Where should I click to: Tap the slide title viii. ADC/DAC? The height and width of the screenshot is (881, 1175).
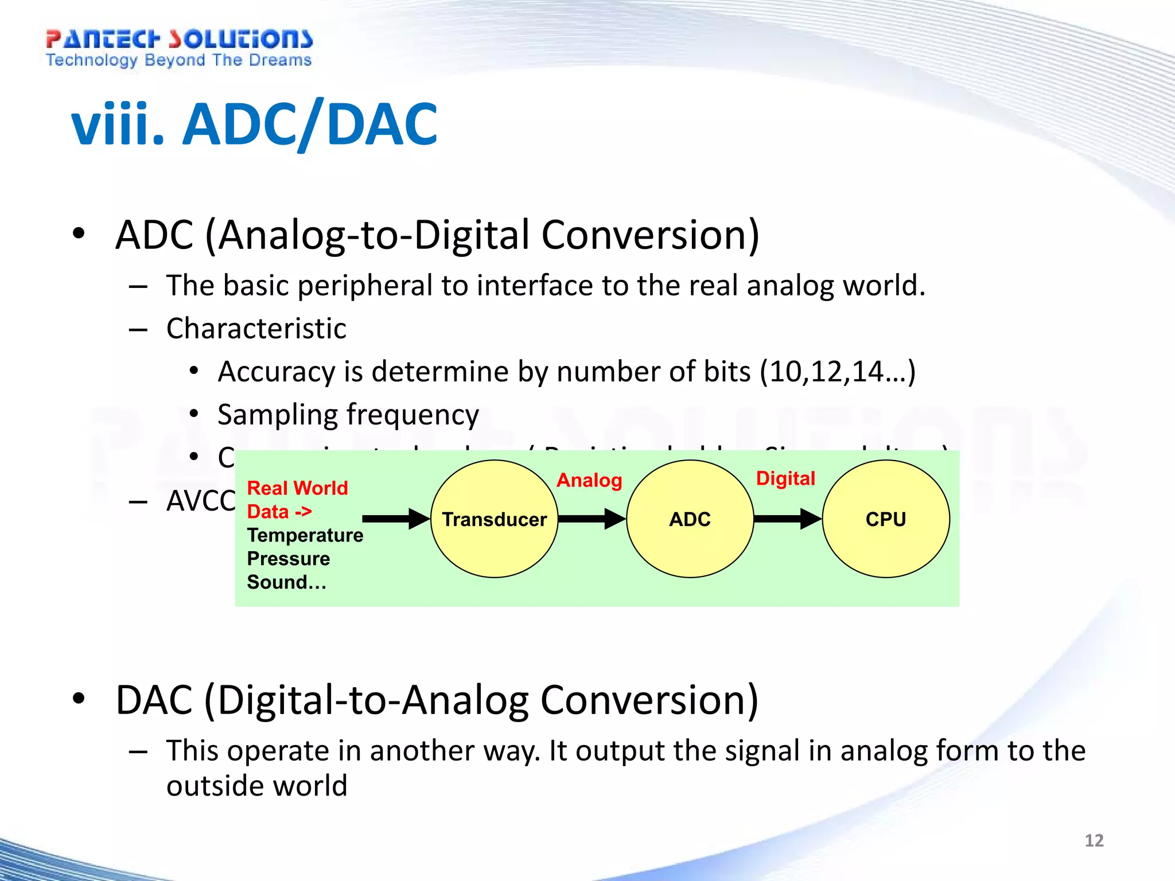254,124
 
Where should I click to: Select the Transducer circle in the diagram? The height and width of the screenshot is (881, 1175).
494,519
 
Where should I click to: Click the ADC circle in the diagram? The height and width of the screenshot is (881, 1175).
690,519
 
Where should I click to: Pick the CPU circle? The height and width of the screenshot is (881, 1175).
885,519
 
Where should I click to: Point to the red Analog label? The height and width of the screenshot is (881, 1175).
589,480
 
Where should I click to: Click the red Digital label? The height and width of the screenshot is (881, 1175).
785,478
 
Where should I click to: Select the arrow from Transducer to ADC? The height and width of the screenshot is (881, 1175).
592,519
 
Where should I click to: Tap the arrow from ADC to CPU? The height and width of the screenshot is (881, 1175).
787,519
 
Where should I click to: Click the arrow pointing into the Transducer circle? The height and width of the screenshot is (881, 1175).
396,519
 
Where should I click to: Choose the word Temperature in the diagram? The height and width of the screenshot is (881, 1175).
305,535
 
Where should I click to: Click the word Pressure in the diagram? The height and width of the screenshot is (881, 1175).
289,559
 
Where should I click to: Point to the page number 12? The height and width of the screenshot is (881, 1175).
1094,840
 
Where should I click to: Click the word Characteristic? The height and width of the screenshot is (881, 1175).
256,329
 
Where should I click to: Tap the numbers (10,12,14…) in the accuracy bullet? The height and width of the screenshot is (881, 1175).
838,372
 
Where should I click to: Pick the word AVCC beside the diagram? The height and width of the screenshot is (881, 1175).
200,501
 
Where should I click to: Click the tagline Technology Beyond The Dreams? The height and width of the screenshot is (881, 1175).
179,60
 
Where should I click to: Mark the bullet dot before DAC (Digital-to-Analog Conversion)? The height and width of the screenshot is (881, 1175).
79,699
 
